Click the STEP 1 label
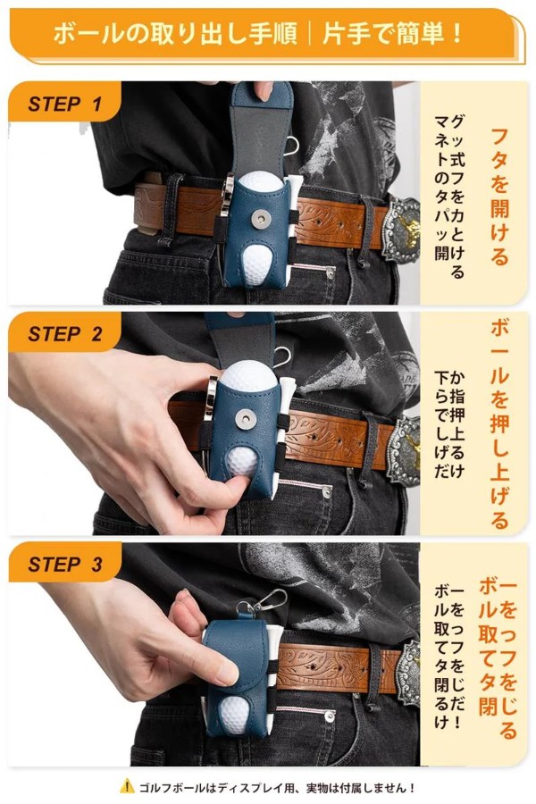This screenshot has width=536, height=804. (x=64, y=105)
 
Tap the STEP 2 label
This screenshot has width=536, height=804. (x=65, y=334)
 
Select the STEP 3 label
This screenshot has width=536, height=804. (x=65, y=564)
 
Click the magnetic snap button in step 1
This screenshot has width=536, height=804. (x=261, y=220)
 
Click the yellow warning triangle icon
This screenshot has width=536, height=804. (x=127, y=785)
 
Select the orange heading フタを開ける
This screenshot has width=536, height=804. (x=499, y=196)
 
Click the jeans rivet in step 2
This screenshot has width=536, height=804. (x=327, y=492)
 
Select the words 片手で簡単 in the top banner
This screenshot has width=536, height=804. (x=393, y=35)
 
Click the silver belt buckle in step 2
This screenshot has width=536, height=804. (x=406, y=450)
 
